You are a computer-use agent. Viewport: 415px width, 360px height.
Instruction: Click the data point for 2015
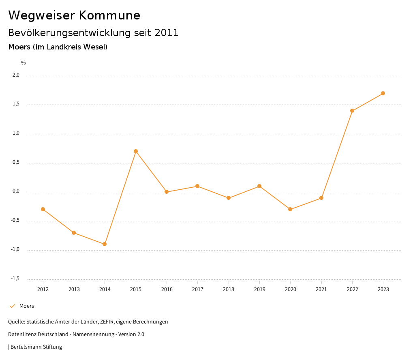(136, 151)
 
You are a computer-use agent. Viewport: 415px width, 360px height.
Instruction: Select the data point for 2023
(383, 93)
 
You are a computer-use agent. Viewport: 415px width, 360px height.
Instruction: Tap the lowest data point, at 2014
(105, 244)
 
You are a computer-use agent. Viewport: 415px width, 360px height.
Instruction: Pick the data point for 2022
(352, 111)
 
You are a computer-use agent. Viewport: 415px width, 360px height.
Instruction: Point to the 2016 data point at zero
(167, 192)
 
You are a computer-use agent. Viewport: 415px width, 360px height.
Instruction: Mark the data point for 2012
(43, 209)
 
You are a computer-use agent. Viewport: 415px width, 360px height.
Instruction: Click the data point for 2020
(290, 209)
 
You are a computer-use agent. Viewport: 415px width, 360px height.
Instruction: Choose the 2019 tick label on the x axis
(259, 289)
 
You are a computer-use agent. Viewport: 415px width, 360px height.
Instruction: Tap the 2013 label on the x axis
(74, 289)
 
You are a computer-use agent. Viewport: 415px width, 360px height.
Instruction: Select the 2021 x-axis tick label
(321, 289)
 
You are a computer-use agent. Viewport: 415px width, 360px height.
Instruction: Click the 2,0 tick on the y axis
(16, 75)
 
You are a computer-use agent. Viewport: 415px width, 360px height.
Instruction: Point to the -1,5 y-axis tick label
(15, 279)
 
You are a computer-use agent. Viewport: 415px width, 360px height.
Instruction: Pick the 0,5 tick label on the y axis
(16, 162)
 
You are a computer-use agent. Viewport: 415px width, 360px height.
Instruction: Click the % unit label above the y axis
(24, 63)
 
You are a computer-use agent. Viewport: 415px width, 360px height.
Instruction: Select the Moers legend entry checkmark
(12, 306)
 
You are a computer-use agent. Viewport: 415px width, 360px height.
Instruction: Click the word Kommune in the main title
(109, 15)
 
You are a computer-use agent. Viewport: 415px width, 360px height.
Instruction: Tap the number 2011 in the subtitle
(167, 33)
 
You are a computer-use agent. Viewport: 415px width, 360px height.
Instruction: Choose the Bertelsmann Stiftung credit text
(36, 347)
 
